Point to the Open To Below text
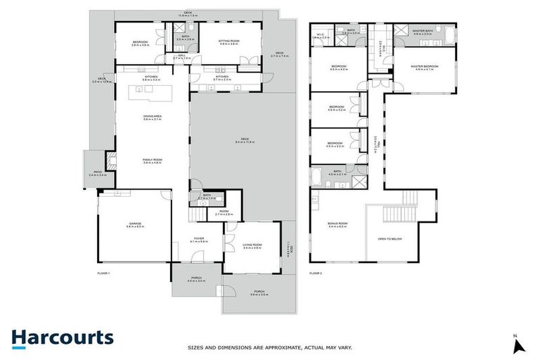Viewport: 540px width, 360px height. (x=390, y=239)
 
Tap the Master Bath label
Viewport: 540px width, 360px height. (x=423, y=32)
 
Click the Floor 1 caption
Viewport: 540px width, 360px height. (x=105, y=272)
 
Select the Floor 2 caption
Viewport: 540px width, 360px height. (x=316, y=272)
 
